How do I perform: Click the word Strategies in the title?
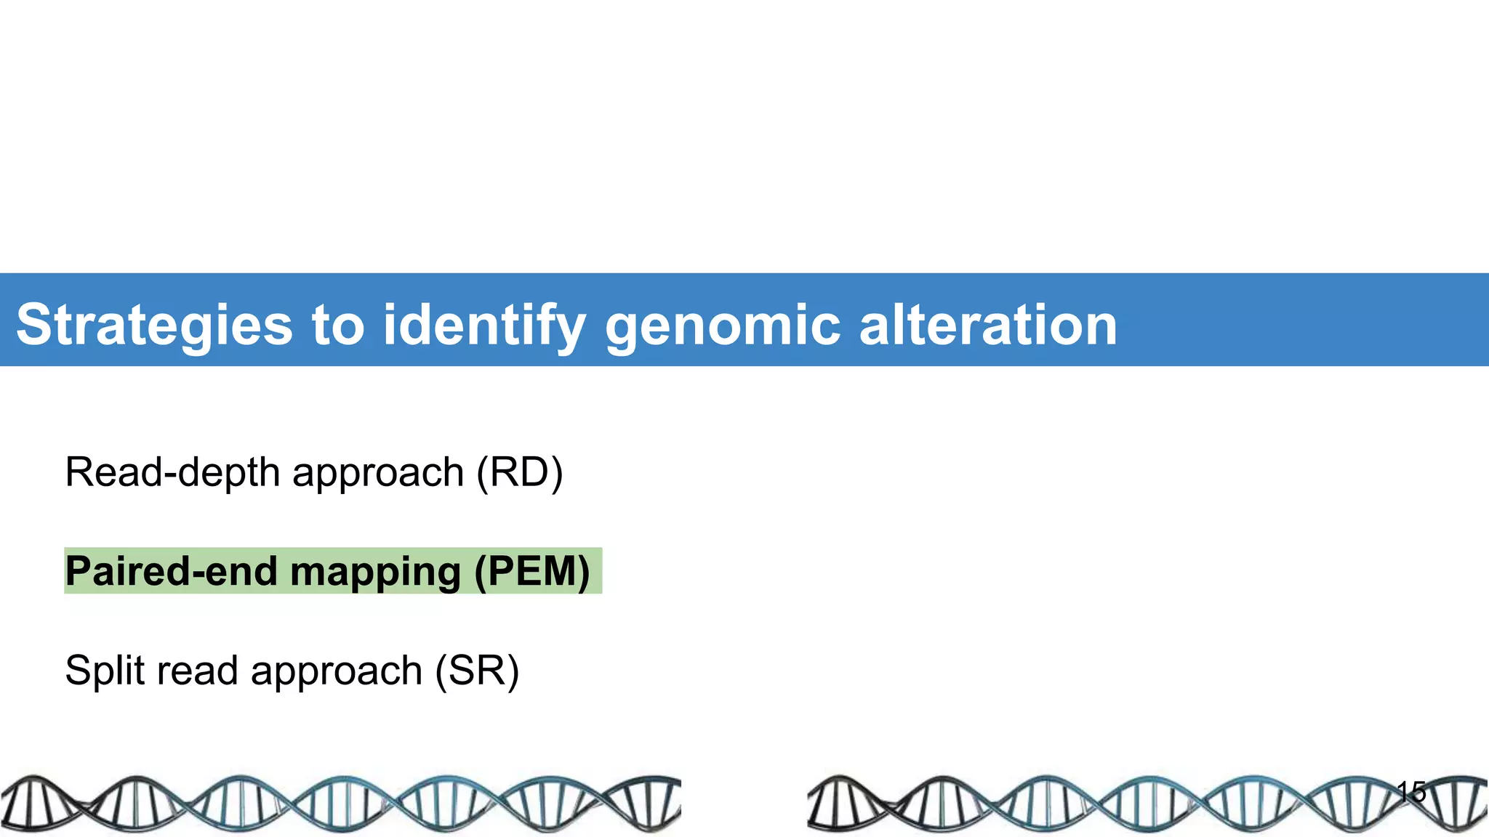155,325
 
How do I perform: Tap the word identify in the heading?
484,325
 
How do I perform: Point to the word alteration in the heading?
987,325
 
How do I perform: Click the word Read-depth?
172,472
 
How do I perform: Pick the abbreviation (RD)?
519,472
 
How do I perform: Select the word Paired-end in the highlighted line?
172,571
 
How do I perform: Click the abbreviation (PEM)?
531,571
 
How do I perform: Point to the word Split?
105,670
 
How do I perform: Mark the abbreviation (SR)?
477,670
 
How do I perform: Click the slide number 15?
1411,791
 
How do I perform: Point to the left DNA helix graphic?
340,804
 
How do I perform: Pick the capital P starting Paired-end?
78,571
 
